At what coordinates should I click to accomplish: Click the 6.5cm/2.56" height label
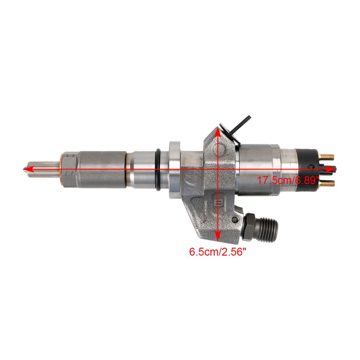point(217,252)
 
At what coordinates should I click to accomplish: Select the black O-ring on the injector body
point(159,169)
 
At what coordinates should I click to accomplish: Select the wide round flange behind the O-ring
point(174,169)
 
